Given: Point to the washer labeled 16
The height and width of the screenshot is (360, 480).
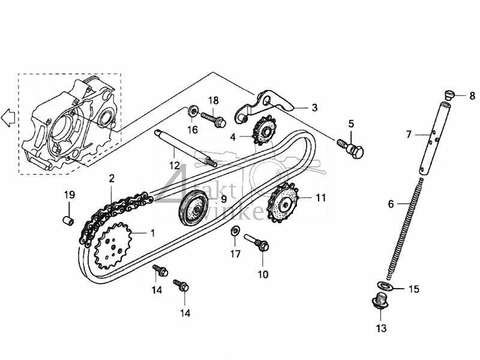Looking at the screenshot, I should (x=192, y=111).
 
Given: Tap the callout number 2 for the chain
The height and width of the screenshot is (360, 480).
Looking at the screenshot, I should (x=112, y=178).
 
